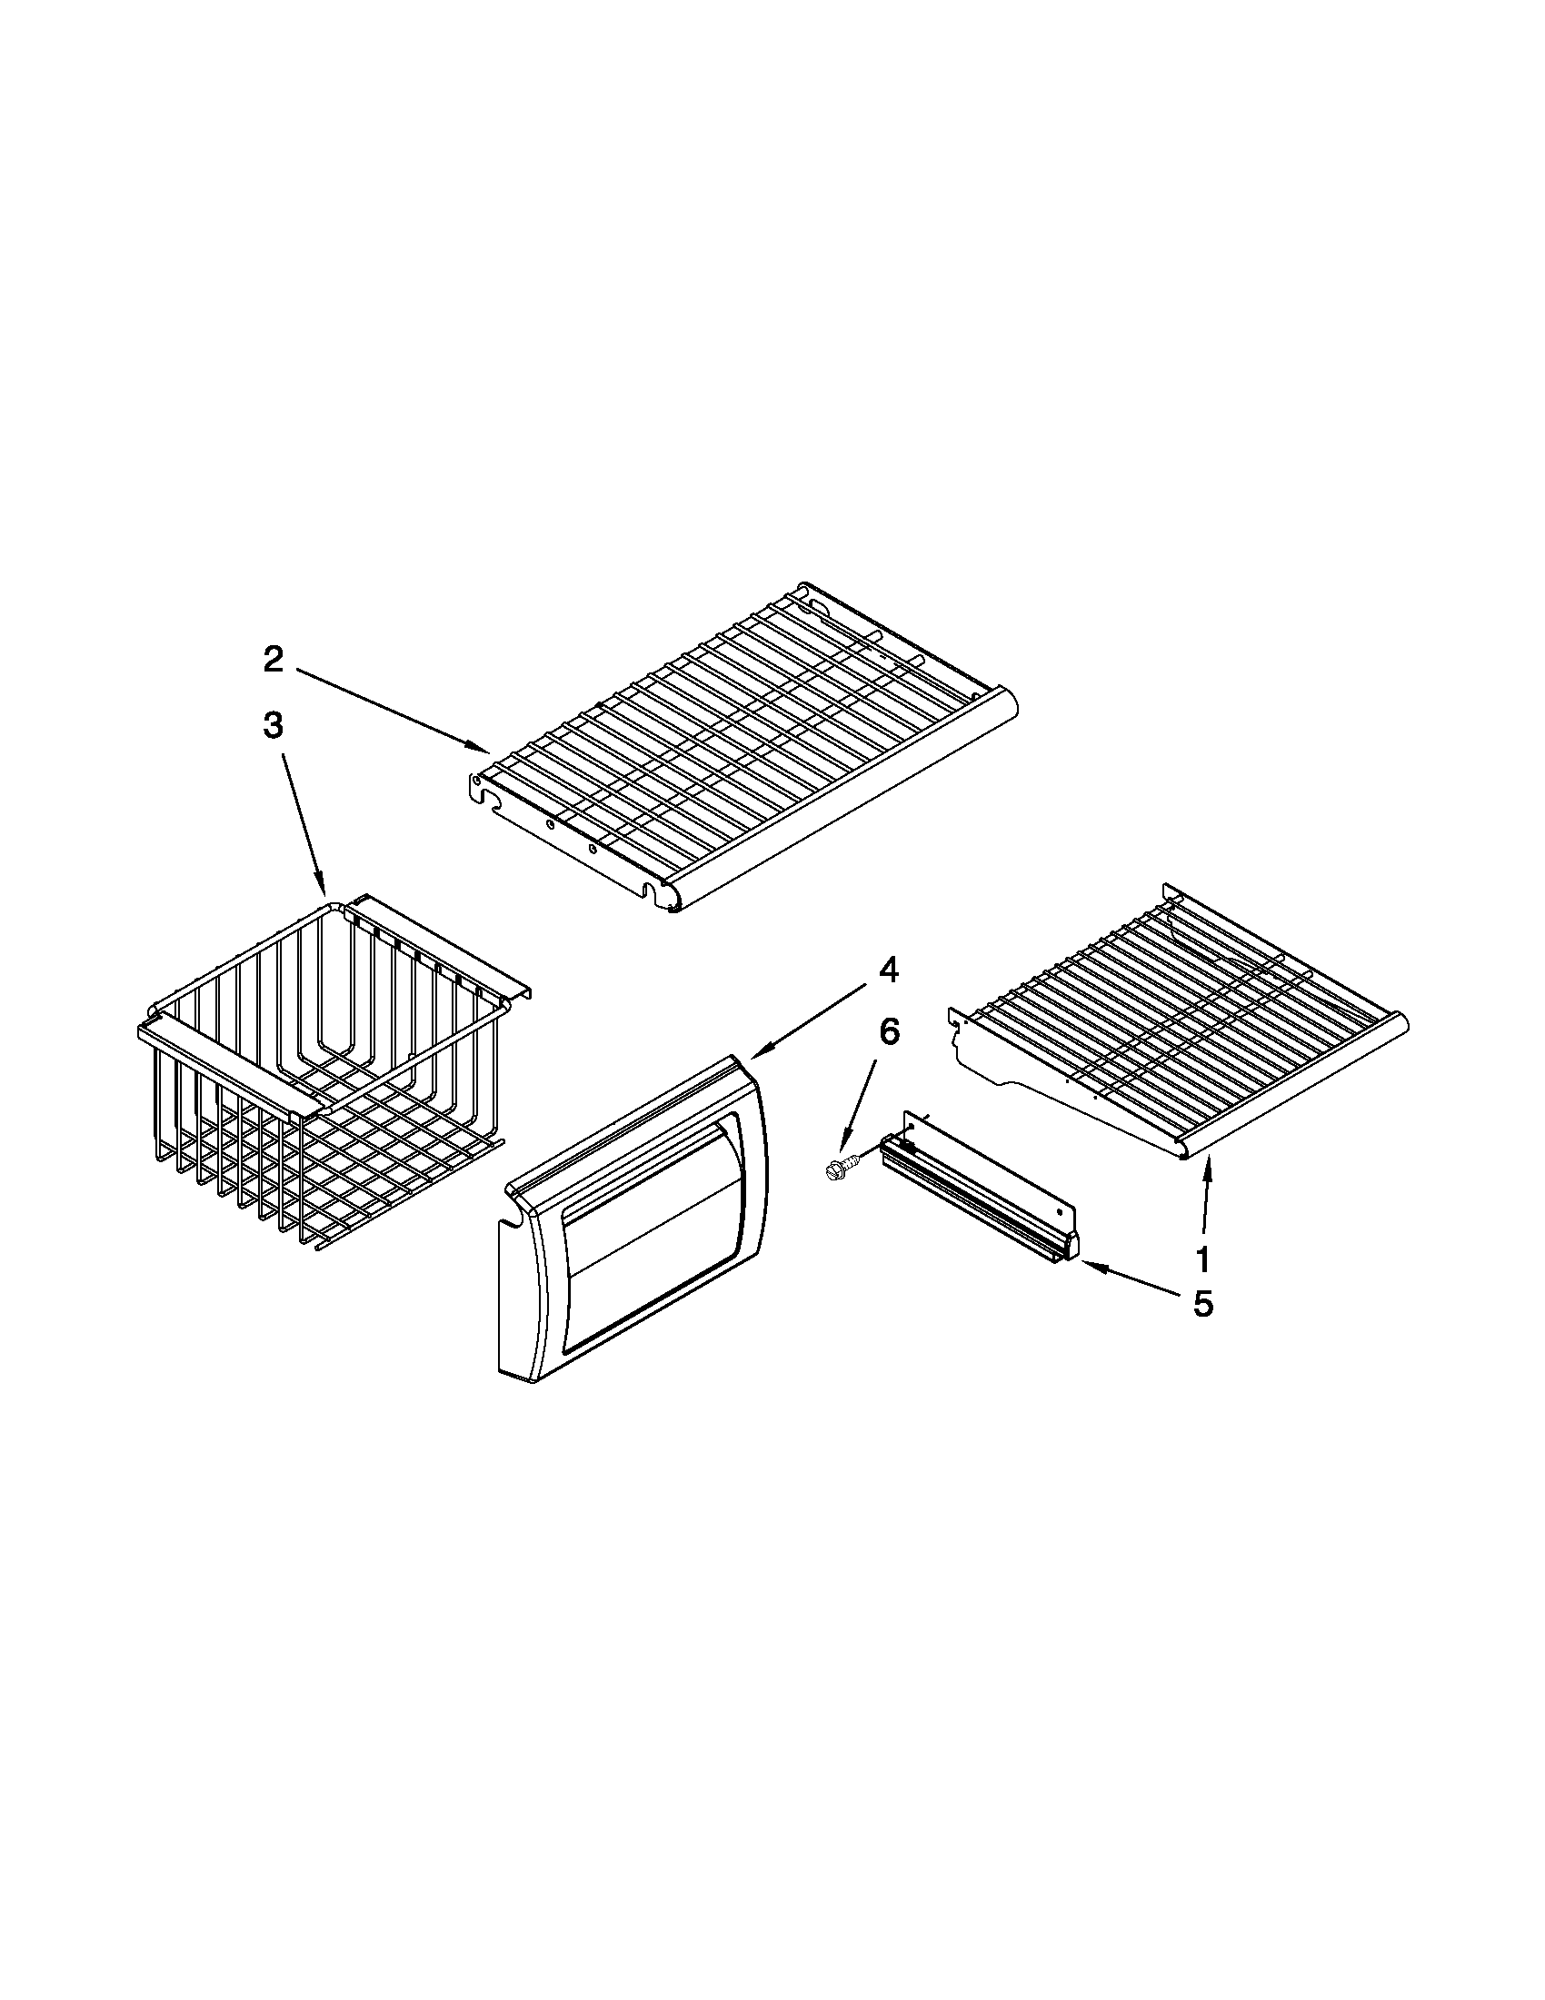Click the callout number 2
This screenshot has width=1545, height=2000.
pos(273,660)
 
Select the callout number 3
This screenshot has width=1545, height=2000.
pos(273,726)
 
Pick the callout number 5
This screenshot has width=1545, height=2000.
pos(1202,1304)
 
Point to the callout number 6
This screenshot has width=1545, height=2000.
pos(889,1031)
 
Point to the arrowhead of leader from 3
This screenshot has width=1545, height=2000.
pos(324,892)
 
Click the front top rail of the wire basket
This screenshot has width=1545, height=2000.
pos(229,1069)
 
